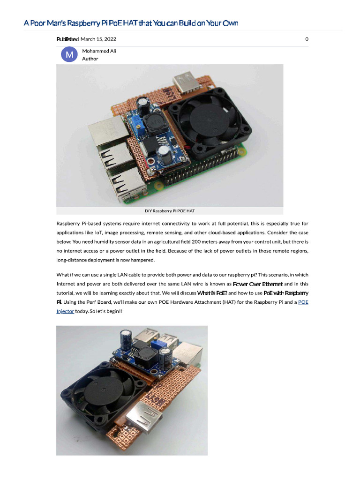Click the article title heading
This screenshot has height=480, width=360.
(131, 23)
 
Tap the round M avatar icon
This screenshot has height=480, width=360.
(69, 55)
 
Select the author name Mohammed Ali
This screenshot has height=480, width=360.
(99, 51)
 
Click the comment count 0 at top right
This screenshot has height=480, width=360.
(307, 39)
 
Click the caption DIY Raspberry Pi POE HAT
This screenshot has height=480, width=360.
(170, 211)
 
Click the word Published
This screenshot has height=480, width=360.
(67, 39)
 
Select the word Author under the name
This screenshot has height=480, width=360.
(90, 59)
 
